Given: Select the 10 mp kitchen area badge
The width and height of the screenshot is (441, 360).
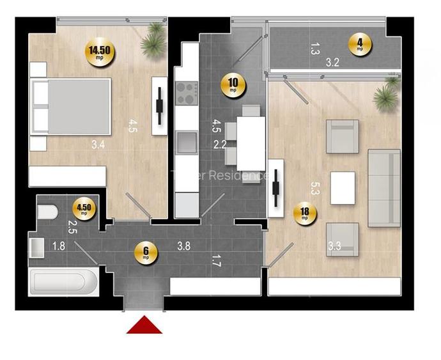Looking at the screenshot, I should (x=233, y=84).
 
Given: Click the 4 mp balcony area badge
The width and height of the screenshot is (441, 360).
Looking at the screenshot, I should (x=360, y=45).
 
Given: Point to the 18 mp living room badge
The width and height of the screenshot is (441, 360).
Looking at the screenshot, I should (x=305, y=213).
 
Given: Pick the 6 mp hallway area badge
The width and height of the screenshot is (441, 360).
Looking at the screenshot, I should (x=146, y=254).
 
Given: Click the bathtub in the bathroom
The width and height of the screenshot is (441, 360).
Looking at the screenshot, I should (x=62, y=282).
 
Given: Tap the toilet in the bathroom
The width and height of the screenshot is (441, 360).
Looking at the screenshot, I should (x=47, y=213).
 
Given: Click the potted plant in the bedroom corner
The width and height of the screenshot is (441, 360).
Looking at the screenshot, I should (x=153, y=36).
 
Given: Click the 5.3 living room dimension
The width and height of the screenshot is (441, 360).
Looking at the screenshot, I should (x=314, y=188).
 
